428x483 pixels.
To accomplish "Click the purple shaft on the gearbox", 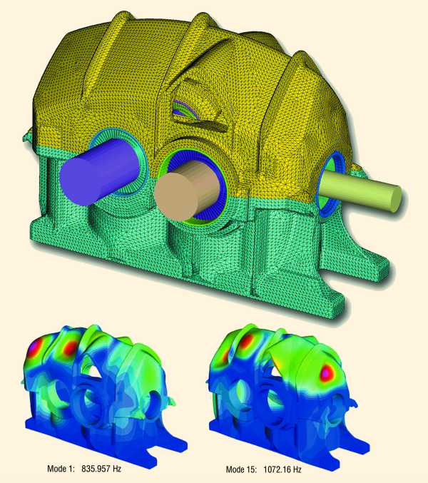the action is tap(98, 171).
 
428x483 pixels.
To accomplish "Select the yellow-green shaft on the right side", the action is tap(361, 191).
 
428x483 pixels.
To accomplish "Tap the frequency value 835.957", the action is tap(96, 469).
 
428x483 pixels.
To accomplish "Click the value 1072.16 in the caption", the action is tap(276, 469).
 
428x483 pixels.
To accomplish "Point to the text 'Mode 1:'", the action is tap(61, 469).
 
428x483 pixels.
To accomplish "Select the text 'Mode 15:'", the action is tap(241, 469).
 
